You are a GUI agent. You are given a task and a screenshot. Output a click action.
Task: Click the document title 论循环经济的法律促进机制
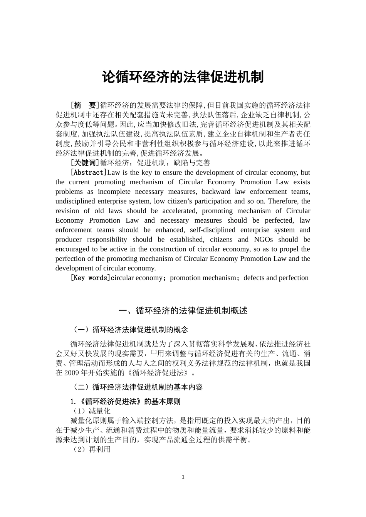coord(183,77)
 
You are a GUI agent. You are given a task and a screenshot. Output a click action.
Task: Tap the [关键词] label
coord(85,163)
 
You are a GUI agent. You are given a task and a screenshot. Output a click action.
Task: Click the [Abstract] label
coord(89,172)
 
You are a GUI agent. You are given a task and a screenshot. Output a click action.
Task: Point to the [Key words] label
coord(90,278)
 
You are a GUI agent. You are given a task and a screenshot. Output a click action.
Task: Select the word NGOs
coord(264,239)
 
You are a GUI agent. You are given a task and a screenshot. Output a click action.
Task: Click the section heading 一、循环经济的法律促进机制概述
coord(183,311)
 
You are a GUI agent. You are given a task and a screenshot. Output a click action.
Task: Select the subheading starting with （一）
coord(129,330)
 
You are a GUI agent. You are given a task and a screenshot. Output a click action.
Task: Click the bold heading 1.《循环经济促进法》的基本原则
coord(125,402)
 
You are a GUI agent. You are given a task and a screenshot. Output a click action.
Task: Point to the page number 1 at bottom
coord(183,477)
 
